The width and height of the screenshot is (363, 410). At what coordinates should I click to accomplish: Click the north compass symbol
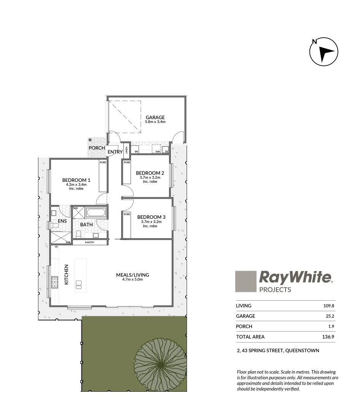pos(323,52)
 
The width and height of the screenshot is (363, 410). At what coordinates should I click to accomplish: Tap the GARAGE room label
pos(155,117)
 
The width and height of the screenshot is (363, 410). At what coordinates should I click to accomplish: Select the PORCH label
pos(97,148)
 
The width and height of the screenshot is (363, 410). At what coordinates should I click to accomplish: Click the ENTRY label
pos(115,152)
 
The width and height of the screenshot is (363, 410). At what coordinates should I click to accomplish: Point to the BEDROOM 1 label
pos(76,180)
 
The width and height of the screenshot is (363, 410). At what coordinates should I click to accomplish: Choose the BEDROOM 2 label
pos(150,173)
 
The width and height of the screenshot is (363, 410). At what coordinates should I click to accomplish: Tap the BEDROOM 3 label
pos(151,217)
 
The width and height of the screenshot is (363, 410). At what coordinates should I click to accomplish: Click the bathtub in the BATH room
pos(95,212)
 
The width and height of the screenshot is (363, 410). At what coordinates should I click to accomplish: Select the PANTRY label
pos(90,242)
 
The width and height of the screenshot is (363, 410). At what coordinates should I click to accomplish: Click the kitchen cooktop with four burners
pos(55,281)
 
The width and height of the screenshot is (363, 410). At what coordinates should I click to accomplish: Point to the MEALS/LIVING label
pos(133,275)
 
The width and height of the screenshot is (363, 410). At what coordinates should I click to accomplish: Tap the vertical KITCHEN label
pos(66,275)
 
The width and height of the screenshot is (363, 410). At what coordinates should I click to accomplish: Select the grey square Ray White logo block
pos(246,281)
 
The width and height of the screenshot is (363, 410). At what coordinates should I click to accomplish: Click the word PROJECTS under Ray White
pos(275,290)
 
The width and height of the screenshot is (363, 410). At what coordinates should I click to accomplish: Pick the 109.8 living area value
pos(328,306)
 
